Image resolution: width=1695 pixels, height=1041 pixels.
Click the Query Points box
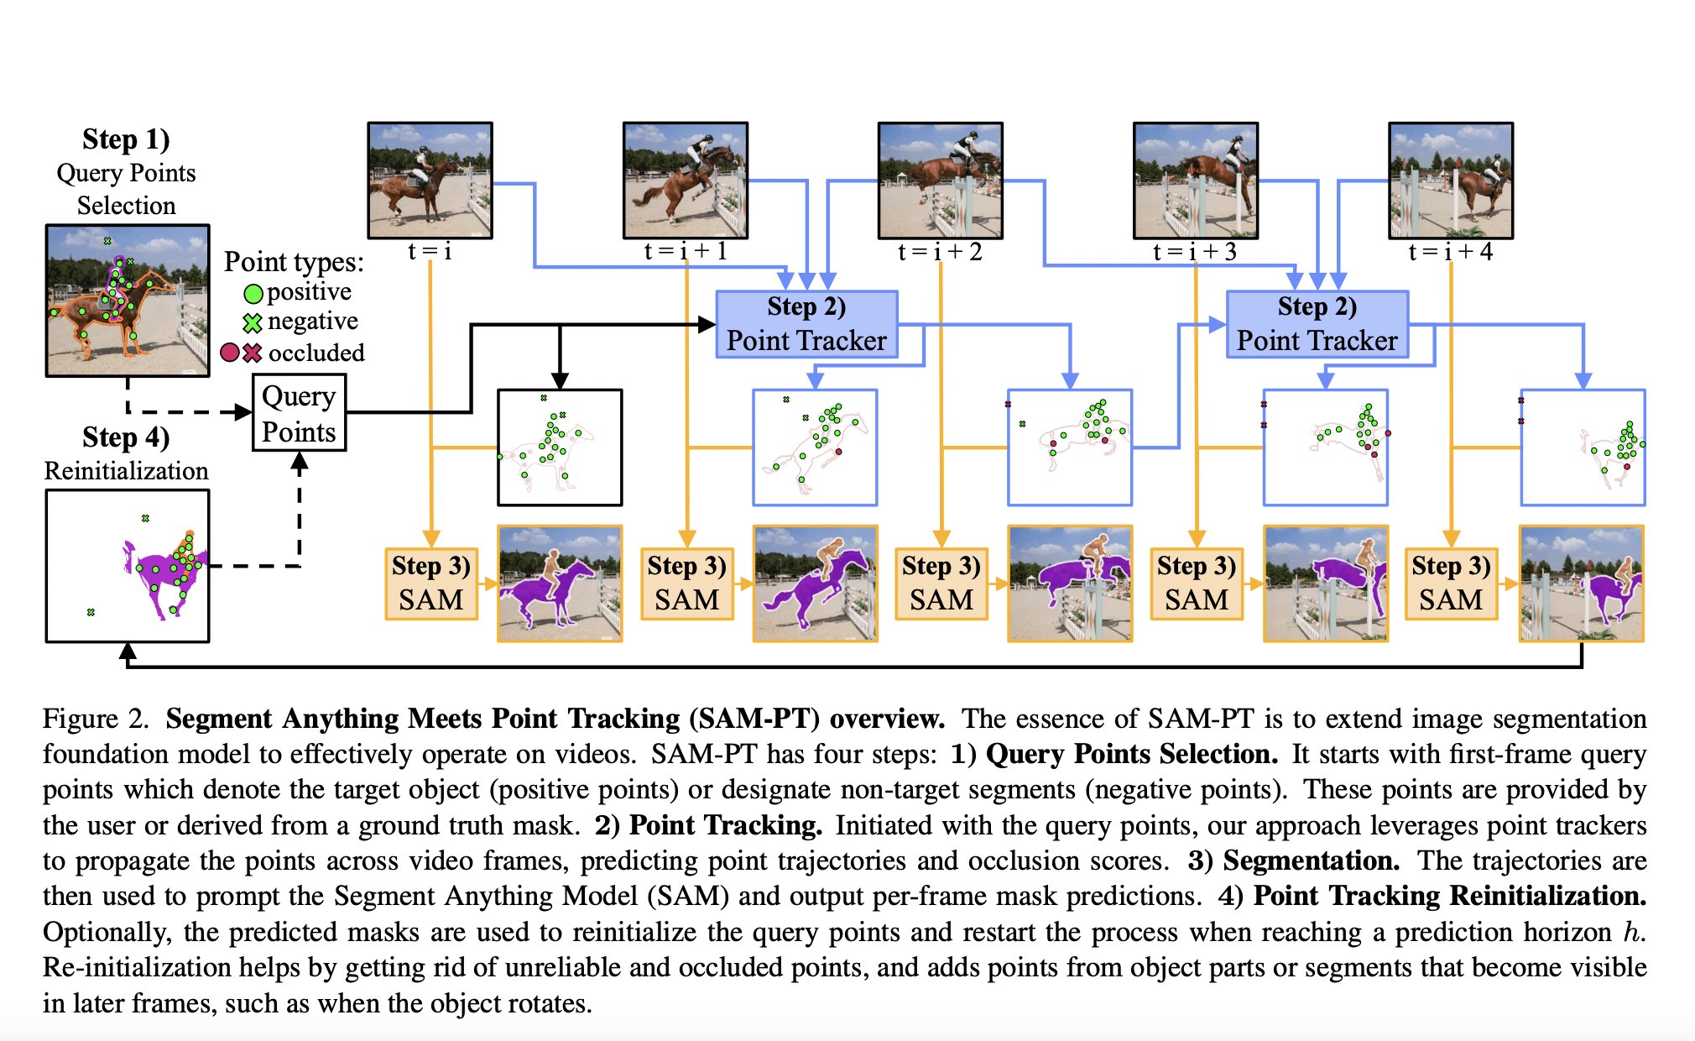pos(299,413)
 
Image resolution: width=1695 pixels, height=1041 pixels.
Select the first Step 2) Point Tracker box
pos(806,325)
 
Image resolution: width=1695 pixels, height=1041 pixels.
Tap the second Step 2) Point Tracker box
pos(1317,325)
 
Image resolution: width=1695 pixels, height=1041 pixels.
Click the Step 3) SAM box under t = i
pos(431,583)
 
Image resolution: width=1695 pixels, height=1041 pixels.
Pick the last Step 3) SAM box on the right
pos(1451,583)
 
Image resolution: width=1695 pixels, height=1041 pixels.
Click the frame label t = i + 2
pos(940,252)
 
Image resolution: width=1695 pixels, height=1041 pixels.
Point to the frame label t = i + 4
pos(1450,252)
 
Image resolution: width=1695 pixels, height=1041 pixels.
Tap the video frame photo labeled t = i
pos(430,180)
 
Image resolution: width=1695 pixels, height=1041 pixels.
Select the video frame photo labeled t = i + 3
pos(1196,180)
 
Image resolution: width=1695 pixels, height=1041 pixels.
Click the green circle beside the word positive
pos(253,294)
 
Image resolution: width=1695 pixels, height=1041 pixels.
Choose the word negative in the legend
pos(312,322)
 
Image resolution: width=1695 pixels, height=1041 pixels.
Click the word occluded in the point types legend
pos(316,353)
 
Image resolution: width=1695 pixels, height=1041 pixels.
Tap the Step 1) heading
pos(126,139)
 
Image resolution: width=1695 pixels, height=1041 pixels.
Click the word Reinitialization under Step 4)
pos(126,471)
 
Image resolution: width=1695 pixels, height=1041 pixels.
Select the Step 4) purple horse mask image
pos(128,567)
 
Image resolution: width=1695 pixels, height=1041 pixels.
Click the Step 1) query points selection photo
pos(128,301)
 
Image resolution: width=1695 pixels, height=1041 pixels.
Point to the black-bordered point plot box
pos(560,447)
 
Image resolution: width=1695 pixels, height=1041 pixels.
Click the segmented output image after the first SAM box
pos(560,583)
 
